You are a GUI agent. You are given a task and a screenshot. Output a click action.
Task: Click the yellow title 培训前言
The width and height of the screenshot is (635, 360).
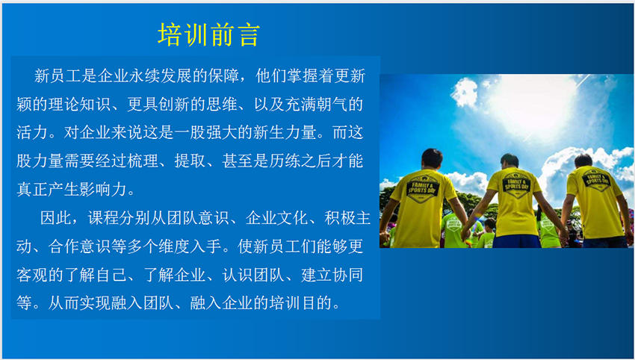[208, 35]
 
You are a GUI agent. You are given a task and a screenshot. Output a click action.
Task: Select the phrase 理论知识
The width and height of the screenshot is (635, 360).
[79, 105]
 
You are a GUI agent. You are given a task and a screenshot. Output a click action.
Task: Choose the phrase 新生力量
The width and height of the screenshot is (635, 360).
[285, 133]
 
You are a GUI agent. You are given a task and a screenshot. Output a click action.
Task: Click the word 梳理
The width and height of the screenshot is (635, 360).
[143, 161]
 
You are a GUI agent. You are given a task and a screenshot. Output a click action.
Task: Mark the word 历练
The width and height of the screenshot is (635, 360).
[285, 161]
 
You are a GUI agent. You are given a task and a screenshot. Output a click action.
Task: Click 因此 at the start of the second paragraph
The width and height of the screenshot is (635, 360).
[56, 219]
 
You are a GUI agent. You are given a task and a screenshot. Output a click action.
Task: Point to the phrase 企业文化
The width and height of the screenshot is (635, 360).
[276, 219]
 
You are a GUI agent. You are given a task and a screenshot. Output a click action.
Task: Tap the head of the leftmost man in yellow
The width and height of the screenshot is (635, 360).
[432, 159]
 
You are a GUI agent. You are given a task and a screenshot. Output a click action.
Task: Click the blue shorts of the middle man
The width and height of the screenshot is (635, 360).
[517, 241]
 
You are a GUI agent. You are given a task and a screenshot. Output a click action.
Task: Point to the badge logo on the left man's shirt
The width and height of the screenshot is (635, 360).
[422, 189]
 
